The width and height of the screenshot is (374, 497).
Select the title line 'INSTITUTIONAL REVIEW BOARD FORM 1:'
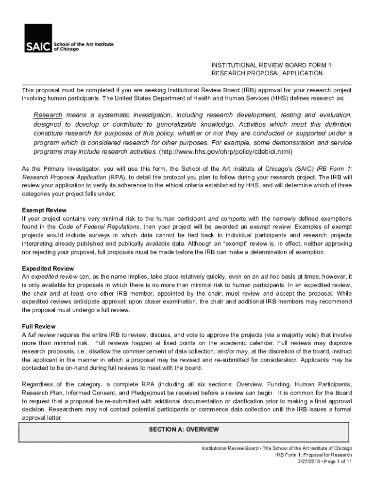(x=272, y=65)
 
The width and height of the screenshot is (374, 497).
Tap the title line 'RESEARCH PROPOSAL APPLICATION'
(x=267, y=73)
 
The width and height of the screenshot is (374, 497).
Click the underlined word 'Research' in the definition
(x=48, y=115)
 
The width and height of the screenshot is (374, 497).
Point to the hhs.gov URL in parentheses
(x=226, y=152)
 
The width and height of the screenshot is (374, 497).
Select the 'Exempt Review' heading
(x=44, y=210)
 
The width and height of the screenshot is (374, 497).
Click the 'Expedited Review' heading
(x=48, y=268)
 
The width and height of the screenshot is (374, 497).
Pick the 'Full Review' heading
(x=39, y=327)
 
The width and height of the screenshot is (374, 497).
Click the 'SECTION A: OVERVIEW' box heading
(x=184, y=430)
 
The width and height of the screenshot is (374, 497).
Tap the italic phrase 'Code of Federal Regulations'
(x=99, y=227)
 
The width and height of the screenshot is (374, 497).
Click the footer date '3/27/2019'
(x=309, y=462)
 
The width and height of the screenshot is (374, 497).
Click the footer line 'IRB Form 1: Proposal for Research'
(x=313, y=455)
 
